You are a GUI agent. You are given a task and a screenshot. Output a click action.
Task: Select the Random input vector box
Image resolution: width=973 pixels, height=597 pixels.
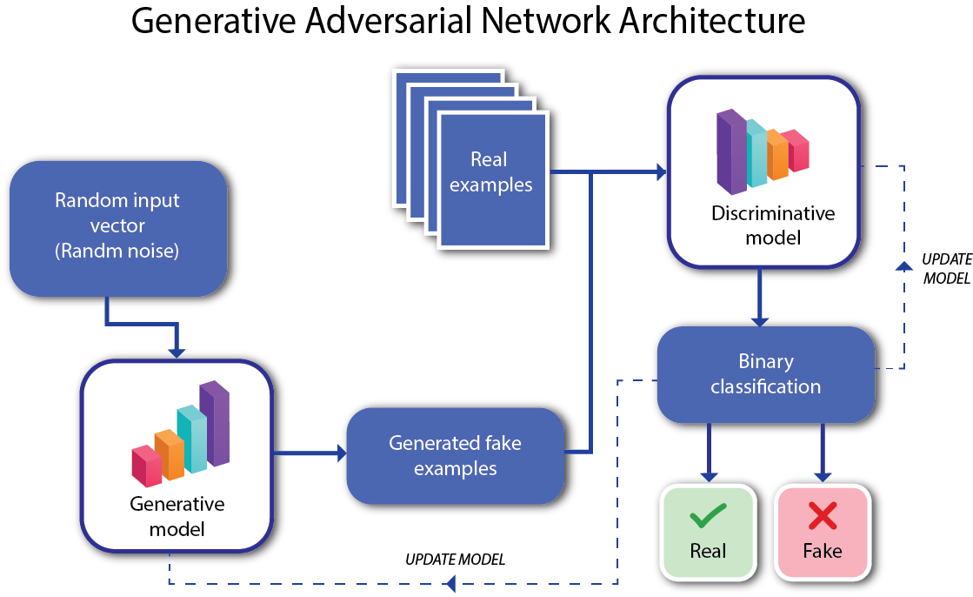point(117,225)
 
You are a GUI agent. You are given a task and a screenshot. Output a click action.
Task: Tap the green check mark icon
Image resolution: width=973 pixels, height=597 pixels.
point(708,518)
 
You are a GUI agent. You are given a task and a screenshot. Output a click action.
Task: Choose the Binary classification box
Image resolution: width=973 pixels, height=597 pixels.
point(765,373)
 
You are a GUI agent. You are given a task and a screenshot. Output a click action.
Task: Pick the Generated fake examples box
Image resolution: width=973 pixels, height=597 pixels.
point(455,455)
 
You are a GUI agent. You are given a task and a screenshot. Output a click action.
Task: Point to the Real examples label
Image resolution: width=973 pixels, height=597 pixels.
point(490,171)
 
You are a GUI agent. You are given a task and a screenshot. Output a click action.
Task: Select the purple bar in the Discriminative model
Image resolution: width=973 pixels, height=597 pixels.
point(730,150)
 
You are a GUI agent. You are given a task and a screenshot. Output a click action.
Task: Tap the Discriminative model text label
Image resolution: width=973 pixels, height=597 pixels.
point(773,225)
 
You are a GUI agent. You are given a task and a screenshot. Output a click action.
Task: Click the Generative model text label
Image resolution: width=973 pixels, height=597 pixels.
point(177,515)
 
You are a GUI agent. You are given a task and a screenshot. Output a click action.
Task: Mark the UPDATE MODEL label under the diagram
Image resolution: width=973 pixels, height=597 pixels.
point(455,559)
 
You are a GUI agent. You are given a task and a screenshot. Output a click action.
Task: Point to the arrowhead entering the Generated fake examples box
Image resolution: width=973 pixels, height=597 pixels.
point(340,453)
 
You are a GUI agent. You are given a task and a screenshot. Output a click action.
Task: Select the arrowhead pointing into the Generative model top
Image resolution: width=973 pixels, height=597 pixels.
point(177,352)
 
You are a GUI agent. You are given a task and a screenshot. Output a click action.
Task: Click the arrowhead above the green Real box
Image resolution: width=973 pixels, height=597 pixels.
point(710,476)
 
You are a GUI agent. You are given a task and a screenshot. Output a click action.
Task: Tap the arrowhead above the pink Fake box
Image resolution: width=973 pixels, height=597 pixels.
point(822,476)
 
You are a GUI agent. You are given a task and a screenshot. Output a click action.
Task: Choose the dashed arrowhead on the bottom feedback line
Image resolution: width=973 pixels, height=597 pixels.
point(450,584)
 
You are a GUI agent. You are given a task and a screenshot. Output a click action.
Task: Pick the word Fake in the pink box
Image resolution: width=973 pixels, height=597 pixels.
point(822,551)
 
